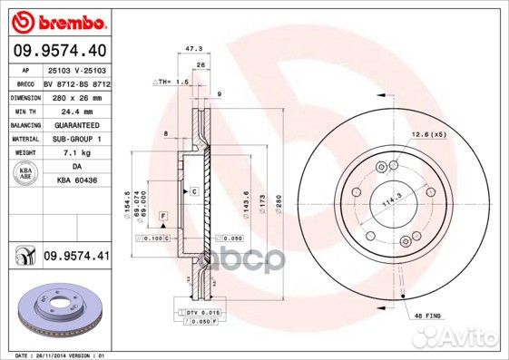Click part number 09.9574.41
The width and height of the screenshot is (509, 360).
(76, 258)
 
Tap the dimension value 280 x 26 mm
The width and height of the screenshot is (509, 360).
(76, 96)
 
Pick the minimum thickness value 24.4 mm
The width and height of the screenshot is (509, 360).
(76, 110)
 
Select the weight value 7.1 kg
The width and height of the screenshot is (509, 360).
(76, 152)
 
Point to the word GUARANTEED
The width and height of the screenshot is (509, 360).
(76, 124)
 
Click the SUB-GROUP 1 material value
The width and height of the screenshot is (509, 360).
(76, 138)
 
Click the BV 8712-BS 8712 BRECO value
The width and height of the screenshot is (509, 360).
(76, 82)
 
